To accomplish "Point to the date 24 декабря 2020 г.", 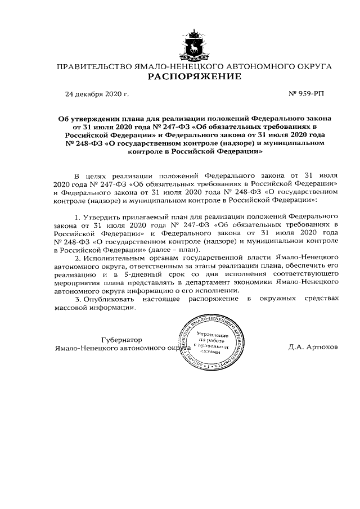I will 97,94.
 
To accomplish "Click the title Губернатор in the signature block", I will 122,340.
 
